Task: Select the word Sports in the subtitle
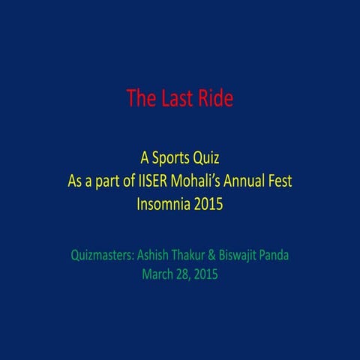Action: (172, 158)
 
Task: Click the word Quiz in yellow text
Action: (206, 158)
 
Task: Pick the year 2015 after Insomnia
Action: (208, 203)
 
